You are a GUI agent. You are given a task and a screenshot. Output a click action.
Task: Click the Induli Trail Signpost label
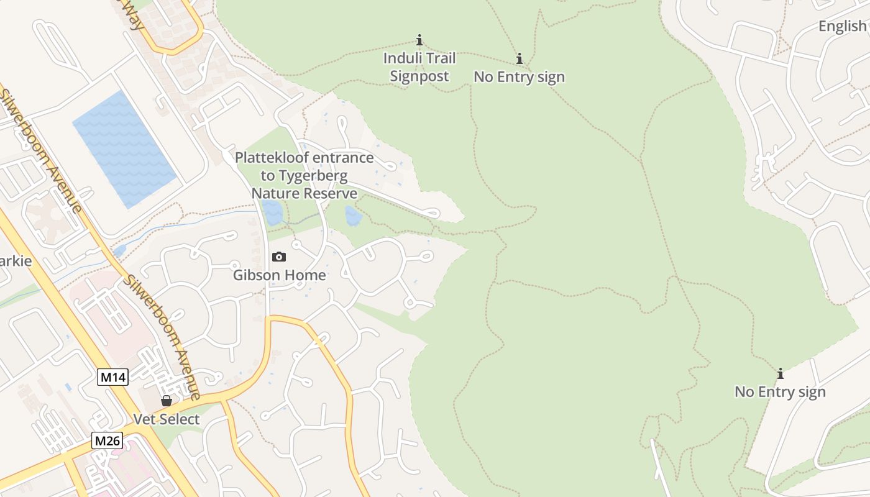point(419,67)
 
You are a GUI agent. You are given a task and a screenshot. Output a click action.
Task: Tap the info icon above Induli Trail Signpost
point(419,40)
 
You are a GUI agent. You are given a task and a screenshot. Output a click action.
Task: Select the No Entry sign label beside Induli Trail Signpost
point(519,77)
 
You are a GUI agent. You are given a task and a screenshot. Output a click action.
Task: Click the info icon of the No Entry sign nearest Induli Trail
point(520,59)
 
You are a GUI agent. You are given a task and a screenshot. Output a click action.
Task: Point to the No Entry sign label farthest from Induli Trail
point(780,392)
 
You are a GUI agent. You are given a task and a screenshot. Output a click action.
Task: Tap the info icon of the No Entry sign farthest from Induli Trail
point(781,374)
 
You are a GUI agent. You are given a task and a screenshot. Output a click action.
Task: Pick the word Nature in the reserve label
point(274,194)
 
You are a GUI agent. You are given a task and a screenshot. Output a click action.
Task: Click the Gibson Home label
point(279,275)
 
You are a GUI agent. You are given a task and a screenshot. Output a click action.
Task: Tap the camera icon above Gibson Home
point(279,257)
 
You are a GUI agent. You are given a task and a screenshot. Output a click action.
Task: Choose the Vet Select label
point(167,419)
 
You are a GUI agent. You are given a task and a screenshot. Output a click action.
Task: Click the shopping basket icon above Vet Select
point(167,401)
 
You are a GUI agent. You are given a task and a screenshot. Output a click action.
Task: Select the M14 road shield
point(113,376)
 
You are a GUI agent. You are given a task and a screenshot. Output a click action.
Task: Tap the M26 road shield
point(108,441)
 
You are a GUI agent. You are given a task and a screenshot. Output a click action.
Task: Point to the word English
point(842,26)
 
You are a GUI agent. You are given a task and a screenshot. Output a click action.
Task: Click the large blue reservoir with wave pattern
point(125,149)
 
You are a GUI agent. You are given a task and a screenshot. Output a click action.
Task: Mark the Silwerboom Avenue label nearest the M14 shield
point(162,335)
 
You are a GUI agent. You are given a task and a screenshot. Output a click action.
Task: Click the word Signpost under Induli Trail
point(419,76)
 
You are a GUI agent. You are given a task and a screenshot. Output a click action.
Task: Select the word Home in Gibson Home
point(306,275)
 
